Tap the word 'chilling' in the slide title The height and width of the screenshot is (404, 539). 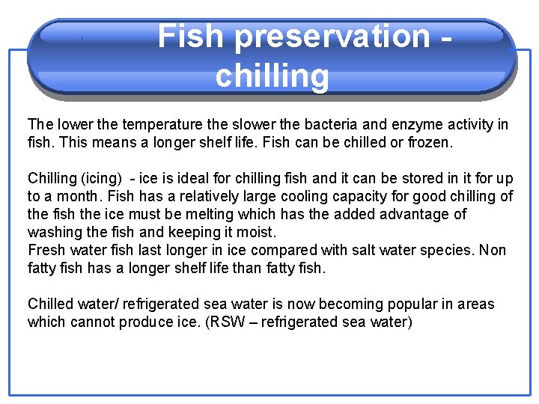[272, 76]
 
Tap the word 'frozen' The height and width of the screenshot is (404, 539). [427, 141]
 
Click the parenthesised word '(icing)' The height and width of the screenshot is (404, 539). [101, 178]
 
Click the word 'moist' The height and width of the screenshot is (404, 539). [258, 232]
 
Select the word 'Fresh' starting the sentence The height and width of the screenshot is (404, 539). [46, 250]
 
